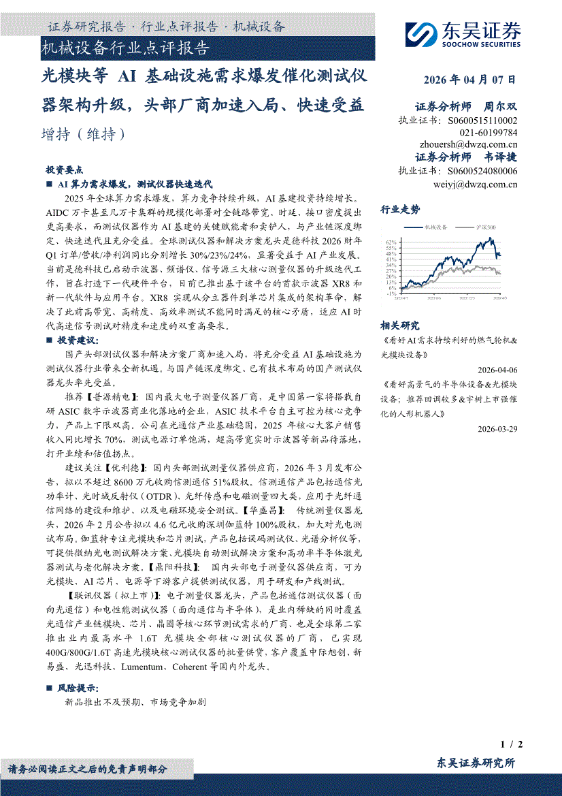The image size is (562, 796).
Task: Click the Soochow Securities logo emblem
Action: click(x=420, y=33)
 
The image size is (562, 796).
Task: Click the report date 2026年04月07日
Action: click(x=469, y=80)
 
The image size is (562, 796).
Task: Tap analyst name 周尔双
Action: click(x=500, y=107)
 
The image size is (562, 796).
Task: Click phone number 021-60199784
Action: click(x=489, y=132)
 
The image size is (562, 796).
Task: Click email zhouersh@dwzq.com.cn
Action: click(x=469, y=144)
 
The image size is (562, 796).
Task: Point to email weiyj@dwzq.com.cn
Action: click(x=475, y=184)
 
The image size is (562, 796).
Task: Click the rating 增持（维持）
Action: click(x=84, y=134)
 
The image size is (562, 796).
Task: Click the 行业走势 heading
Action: click(x=400, y=210)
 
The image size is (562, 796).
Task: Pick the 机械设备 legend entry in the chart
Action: click(x=435, y=227)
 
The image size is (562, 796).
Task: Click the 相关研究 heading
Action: click(x=400, y=326)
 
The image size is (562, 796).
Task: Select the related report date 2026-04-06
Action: click(x=497, y=370)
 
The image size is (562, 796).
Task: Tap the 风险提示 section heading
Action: click(x=78, y=688)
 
